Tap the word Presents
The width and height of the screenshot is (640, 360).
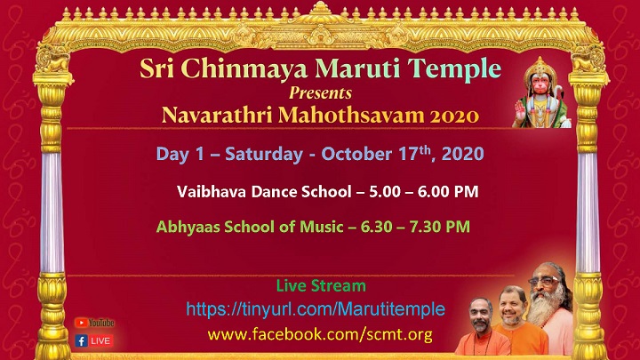[x=320, y=93]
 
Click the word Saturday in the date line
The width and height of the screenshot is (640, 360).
[x=264, y=155]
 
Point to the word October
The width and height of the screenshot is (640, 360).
[x=356, y=155]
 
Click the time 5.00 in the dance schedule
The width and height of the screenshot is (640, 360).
[x=385, y=191]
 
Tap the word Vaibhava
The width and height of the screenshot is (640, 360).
[x=212, y=191]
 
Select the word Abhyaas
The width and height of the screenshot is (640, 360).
[x=188, y=227]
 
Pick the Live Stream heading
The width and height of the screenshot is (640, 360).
[x=321, y=285]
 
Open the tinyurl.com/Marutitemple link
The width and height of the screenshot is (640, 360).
[x=316, y=309]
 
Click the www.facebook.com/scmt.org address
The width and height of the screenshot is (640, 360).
[x=320, y=335]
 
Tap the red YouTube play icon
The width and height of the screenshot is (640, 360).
[x=81, y=323]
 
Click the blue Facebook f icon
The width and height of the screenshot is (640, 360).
[x=81, y=340]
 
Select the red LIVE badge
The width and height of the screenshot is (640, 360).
[x=100, y=340]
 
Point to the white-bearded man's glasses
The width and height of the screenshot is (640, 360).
[x=545, y=281]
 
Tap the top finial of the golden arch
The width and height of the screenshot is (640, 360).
[x=321, y=7]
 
